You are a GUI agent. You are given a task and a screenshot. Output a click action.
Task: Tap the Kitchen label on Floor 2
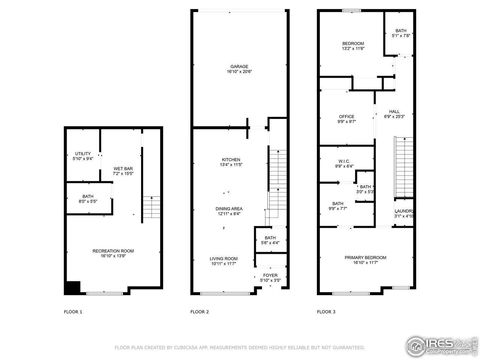(x=231, y=162)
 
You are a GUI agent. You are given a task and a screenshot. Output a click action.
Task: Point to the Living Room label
(x=224, y=260)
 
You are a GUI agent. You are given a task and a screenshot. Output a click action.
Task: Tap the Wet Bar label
(x=123, y=171)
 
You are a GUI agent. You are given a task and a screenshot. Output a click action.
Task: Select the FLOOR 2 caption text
(x=200, y=313)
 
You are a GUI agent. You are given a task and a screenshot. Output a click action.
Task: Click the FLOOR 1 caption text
(x=74, y=313)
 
